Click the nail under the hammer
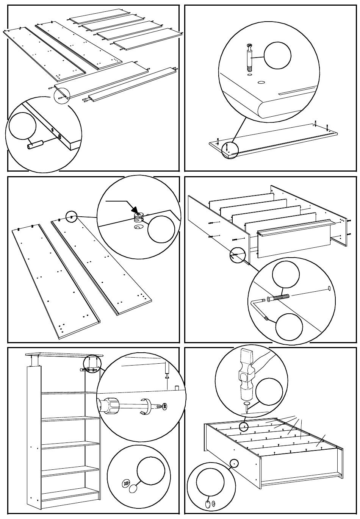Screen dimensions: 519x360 (x=246, y=408)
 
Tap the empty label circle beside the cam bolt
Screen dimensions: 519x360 (x=277, y=56)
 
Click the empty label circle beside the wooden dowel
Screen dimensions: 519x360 (x=23, y=126)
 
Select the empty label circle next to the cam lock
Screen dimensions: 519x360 (x=161, y=229)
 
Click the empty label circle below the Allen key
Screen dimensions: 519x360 (x=289, y=327)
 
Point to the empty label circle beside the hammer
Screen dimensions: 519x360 (x=269, y=391)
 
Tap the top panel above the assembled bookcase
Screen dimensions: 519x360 (x=64, y=355)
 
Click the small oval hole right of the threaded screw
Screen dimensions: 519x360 (x=329, y=288)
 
